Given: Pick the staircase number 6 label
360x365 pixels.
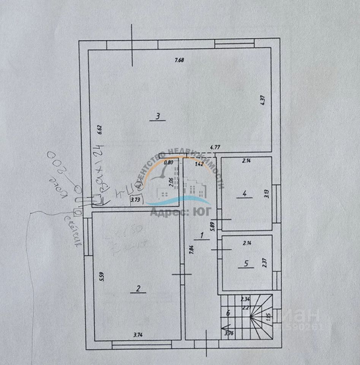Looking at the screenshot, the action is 228,313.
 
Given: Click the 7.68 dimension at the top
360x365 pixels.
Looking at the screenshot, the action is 179,60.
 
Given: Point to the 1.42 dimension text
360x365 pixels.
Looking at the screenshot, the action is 199,164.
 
